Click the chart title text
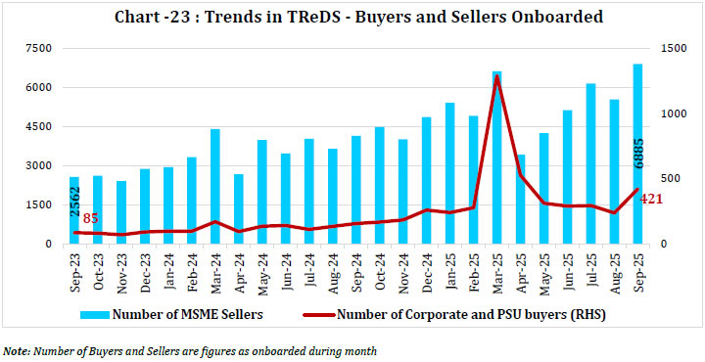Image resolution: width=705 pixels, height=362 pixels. pyautogui.click(x=357, y=16)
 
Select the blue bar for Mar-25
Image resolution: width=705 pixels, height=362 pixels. pyautogui.click(x=496, y=158)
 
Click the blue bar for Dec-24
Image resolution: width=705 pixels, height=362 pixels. pyautogui.click(x=426, y=181)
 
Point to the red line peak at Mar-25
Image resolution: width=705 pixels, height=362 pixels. pyautogui.click(x=496, y=76)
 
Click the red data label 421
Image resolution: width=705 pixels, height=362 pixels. pyautogui.click(x=653, y=200)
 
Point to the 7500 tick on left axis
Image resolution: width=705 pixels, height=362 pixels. pyautogui.click(x=36, y=48)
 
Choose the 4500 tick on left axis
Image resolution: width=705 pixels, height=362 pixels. pyautogui.click(x=36, y=126)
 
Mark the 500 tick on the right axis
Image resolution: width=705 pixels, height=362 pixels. pyautogui.click(x=669, y=178)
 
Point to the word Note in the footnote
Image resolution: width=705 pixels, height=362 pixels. pyautogui.click(x=15, y=349)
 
